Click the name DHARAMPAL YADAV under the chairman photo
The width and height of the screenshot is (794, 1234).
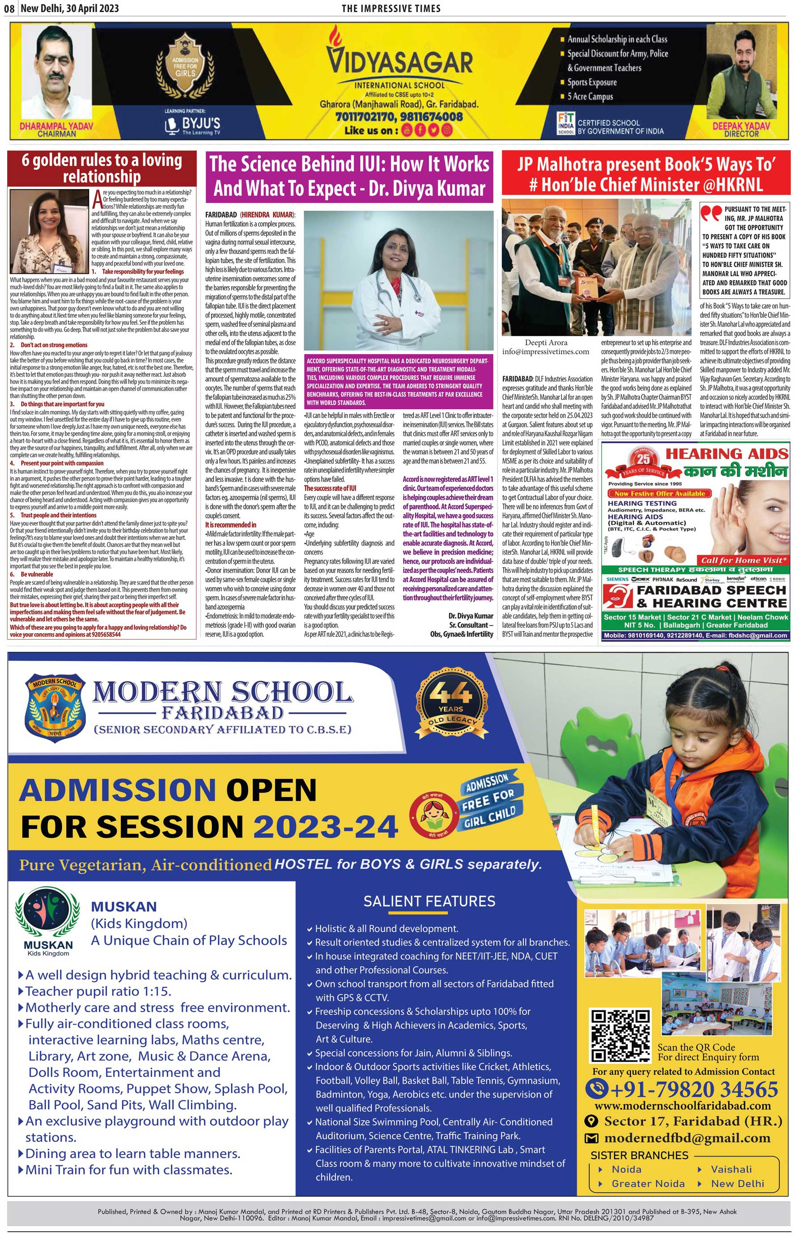coord(57,126)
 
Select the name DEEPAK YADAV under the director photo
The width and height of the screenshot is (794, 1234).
coord(741,126)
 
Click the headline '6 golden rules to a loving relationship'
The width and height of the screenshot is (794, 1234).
coord(102,168)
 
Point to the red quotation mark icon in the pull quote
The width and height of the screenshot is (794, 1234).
coord(710,213)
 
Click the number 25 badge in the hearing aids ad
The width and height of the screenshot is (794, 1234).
coord(643,459)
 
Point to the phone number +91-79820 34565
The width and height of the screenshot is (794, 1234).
coord(682,1089)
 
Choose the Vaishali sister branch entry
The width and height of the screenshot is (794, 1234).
coord(730,1169)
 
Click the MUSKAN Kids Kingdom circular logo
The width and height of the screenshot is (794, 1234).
coord(48,914)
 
